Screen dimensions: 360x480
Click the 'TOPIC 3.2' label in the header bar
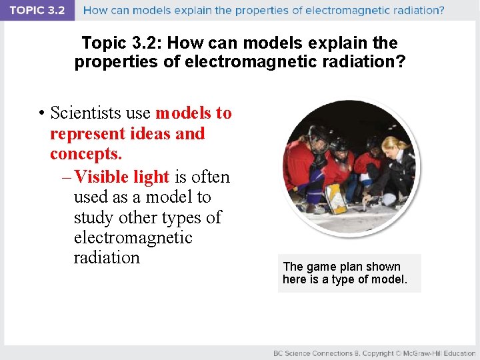pyautogui.click(x=37, y=10)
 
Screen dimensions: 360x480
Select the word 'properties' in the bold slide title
pyautogui.click(x=111, y=62)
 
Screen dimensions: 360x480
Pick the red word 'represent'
pyautogui.click(x=84, y=133)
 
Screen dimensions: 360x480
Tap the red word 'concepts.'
pyautogui.click(x=86, y=153)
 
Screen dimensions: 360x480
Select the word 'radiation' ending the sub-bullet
pyautogui.click(x=107, y=257)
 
